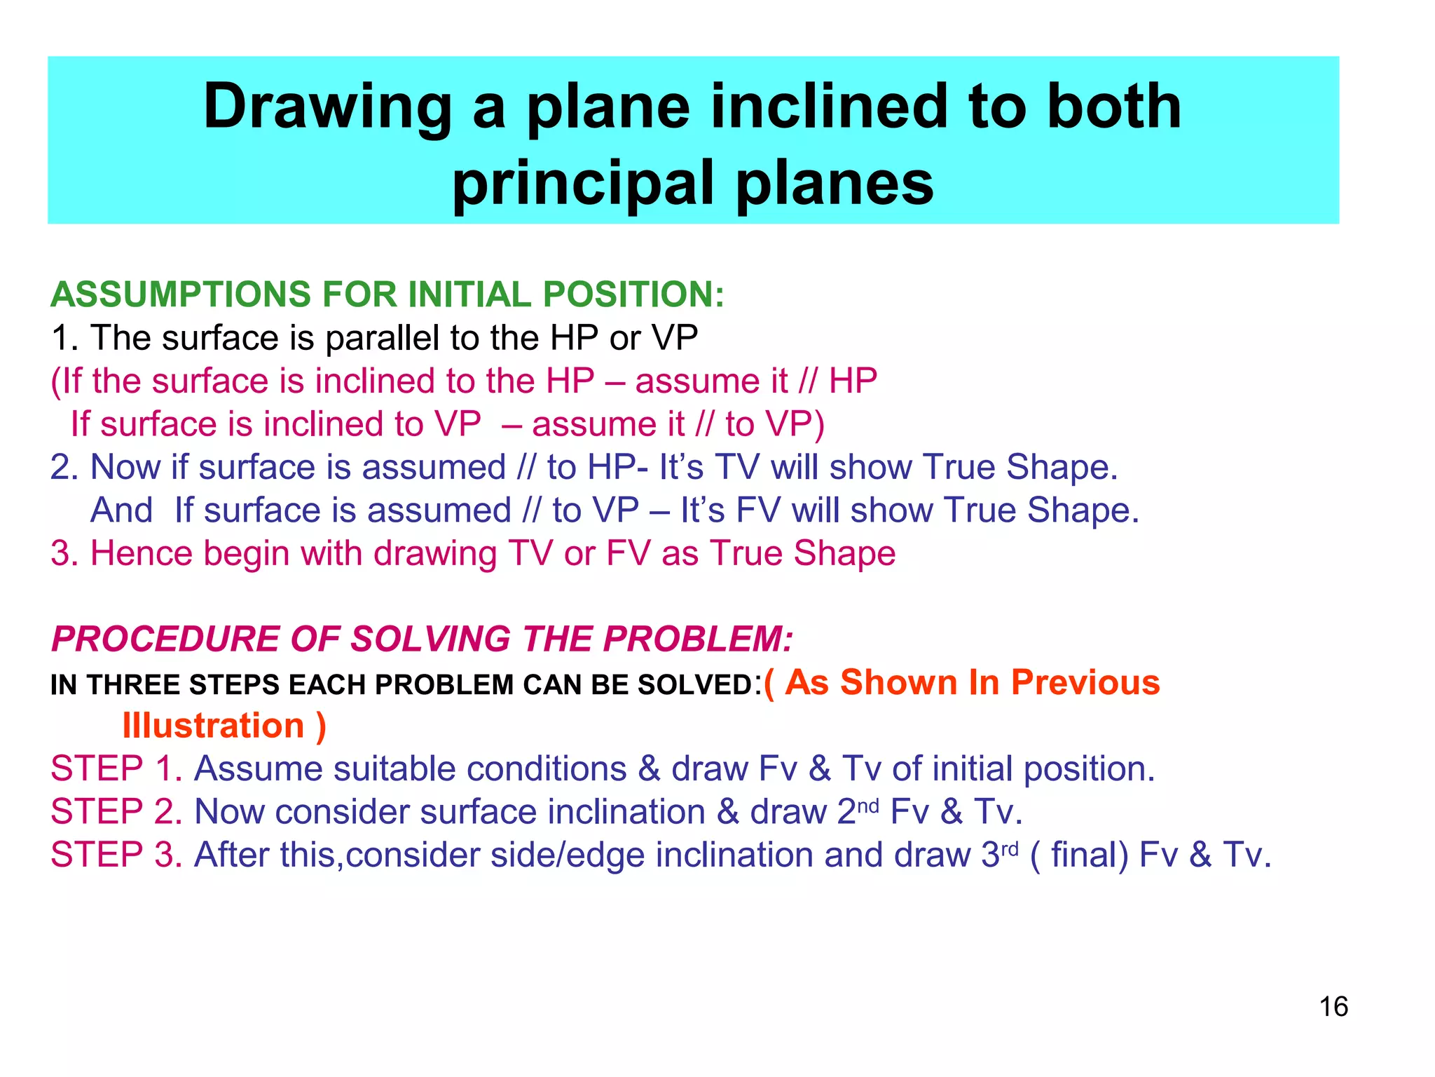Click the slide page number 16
[1333, 1007]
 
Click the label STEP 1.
[116, 769]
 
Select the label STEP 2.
[116, 812]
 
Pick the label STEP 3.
[116, 855]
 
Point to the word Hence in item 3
[141, 554]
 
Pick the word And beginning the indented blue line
[121, 510]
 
